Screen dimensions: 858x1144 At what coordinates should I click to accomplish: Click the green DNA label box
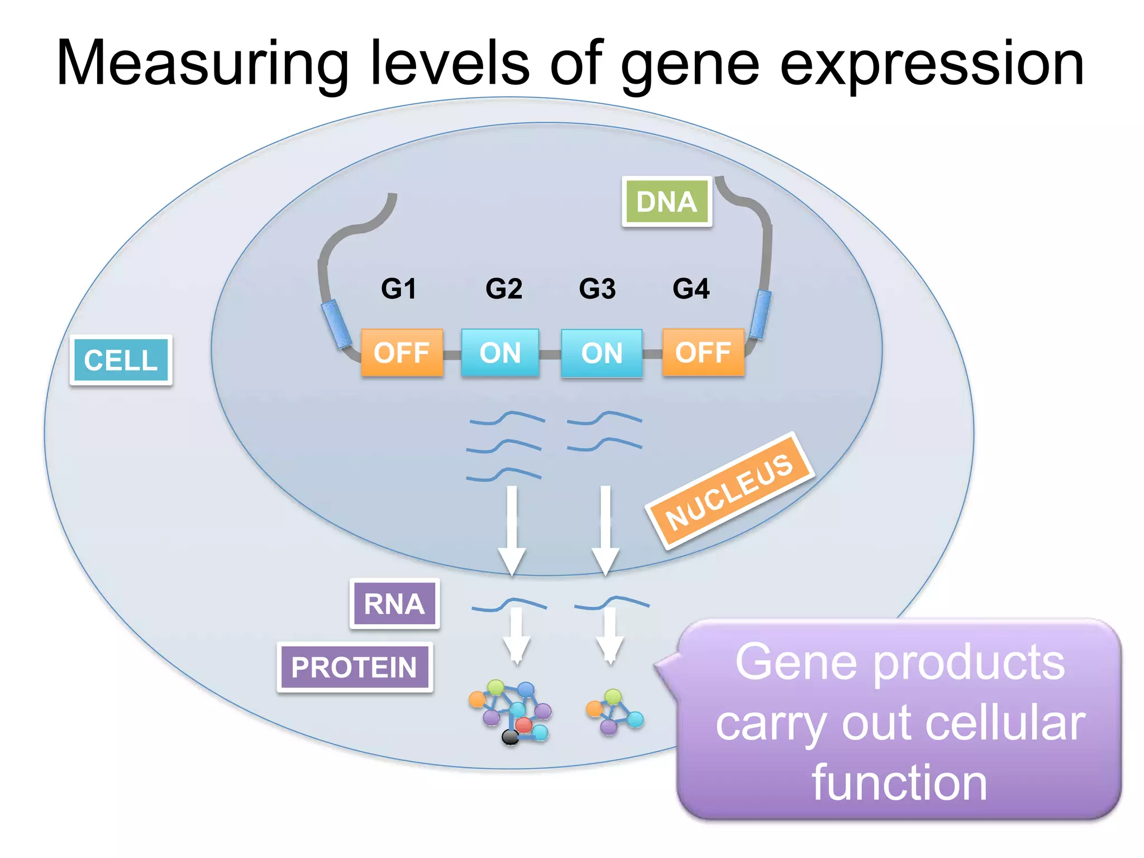[666, 202]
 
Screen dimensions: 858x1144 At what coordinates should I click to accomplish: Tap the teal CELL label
[121, 360]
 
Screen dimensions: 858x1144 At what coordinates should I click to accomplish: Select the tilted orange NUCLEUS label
[730, 490]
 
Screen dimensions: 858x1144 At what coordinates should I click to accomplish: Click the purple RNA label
[394, 604]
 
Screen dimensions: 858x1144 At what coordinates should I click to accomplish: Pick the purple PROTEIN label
[354, 668]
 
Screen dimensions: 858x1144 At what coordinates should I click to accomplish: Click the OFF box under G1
[402, 352]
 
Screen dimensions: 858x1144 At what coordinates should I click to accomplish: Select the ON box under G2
[500, 352]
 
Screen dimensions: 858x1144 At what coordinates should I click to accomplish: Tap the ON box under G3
[602, 353]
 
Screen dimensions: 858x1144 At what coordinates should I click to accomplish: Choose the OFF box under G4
[703, 352]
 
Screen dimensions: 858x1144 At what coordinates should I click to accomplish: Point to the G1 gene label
[398, 289]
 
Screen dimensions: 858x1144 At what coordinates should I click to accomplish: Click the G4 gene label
[691, 289]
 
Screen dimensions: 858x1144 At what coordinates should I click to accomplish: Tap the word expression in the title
[931, 64]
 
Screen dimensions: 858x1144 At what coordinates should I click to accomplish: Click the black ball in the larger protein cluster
[510, 737]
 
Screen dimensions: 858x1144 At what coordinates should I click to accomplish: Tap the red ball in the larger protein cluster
[523, 725]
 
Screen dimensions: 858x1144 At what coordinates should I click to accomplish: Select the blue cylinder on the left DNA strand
[336, 323]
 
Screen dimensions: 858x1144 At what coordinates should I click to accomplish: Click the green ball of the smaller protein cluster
[613, 697]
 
